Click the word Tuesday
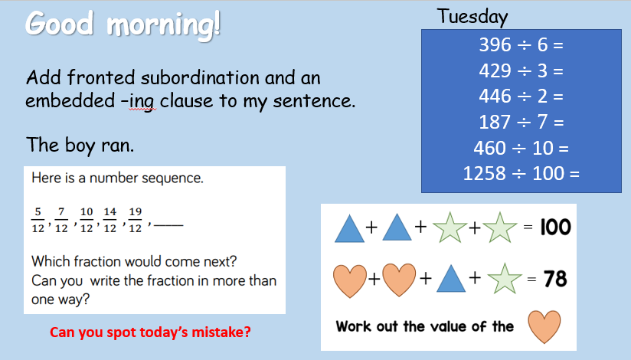(x=472, y=17)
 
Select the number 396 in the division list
(x=495, y=44)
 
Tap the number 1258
(x=484, y=174)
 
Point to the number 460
(x=489, y=148)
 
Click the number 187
(x=495, y=122)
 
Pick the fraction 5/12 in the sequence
(x=38, y=221)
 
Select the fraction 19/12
(x=136, y=221)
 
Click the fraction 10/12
(x=87, y=221)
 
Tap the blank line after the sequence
(x=168, y=224)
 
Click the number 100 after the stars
(x=555, y=227)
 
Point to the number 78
(x=555, y=279)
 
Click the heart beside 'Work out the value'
(x=544, y=326)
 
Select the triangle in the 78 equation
(x=451, y=278)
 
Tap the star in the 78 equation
(x=504, y=278)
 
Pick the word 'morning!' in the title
(x=163, y=25)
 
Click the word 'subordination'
(x=200, y=77)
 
